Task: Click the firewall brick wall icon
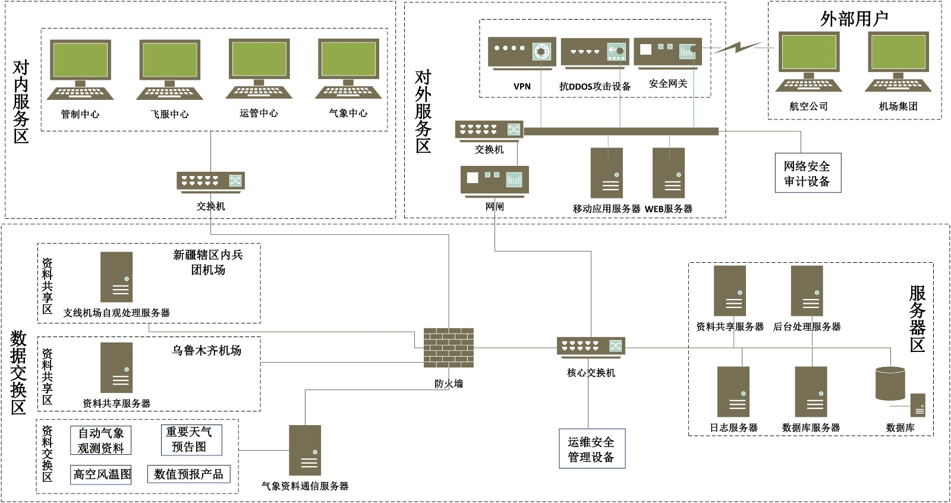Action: pos(448,347)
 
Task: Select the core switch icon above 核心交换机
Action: pos(591,346)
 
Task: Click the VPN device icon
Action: pos(522,52)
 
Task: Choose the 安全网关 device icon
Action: pos(667,52)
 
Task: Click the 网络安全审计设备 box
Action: pos(807,173)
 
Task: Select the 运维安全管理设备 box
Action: pos(591,449)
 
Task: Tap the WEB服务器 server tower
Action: pos(669,172)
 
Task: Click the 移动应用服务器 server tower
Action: pos(606,172)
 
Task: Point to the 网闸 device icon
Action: pos(495,179)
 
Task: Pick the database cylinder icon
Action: pos(891,383)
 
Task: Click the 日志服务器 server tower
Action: pos(733,391)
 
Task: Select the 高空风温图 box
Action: pos(101,474)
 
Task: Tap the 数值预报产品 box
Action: pos(188,474)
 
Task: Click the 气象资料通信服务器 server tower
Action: pos(305,449)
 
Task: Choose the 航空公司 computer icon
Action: pos(809,62)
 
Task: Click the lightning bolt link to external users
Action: pos(737,47)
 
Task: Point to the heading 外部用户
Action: pos(854,18)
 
